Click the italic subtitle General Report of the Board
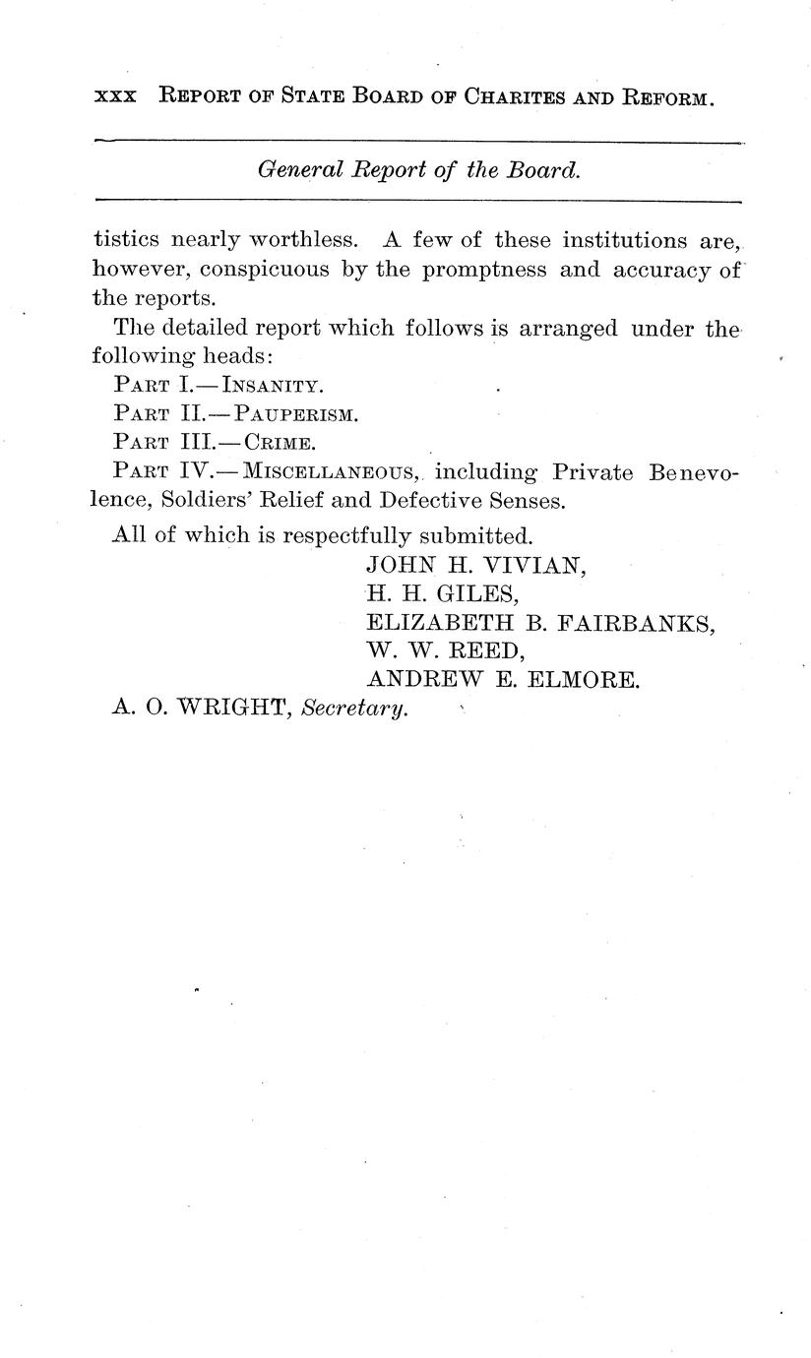click(418, 169)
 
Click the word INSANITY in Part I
click(273, 386)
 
